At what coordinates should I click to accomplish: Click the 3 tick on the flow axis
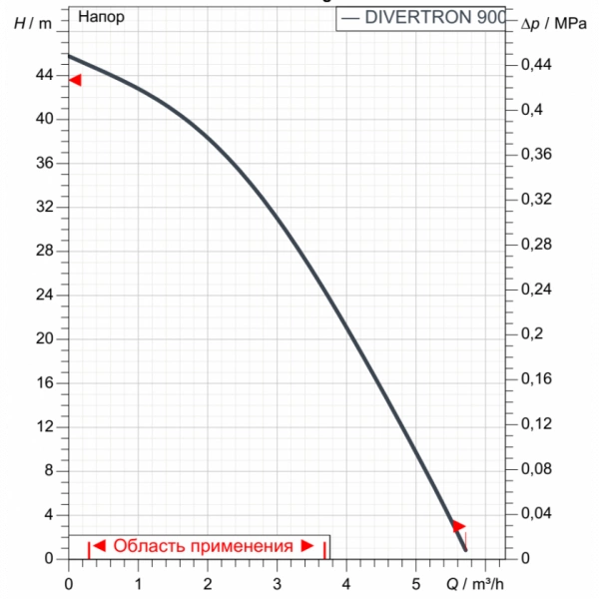coord(277,582)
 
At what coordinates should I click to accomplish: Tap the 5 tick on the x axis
coord(416,582)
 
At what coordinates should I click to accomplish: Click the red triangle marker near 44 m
coord(75,80)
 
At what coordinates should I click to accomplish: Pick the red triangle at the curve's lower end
coord(458,526)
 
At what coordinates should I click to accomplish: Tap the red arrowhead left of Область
coord(100,546)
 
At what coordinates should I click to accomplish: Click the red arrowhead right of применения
coord(307,546)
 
